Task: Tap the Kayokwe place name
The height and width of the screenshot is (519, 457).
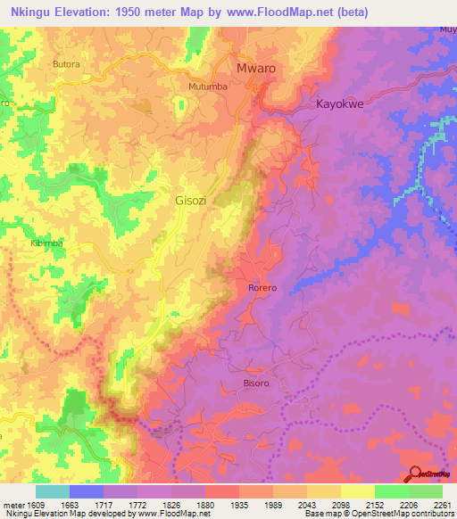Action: tap(341, 104)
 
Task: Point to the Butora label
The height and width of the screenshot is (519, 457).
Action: tap(67, 65)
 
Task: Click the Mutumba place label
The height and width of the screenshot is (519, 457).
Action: tap(207, 86)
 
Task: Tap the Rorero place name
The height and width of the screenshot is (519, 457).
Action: tap(263, 288)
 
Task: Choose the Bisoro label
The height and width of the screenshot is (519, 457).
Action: tap(231, 383)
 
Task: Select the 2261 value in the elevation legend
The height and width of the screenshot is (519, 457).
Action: tap(443, 505)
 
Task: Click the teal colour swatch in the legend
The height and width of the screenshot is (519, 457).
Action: tap(53, 491)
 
